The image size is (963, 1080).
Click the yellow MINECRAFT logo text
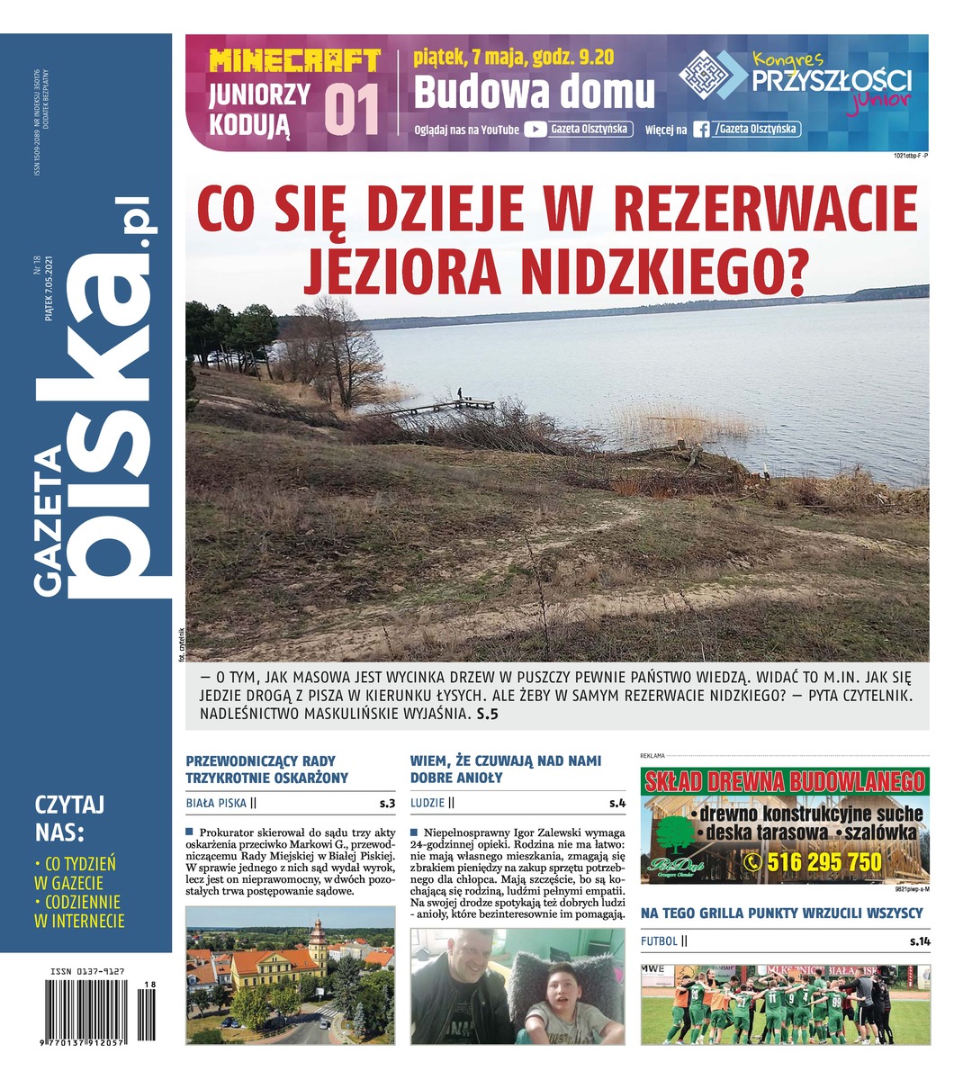tap(294, 61)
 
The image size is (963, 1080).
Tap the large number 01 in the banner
tap(352, 111)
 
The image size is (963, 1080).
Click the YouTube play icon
tap(535, 129)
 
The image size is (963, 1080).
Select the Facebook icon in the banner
tap(700, 130)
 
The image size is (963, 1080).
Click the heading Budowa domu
tap(534, 91)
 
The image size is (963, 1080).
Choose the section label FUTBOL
tap(659, 941)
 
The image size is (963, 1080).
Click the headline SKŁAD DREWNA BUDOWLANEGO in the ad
tap(785, 780)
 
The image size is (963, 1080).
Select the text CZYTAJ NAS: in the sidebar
tap(70, 815)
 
